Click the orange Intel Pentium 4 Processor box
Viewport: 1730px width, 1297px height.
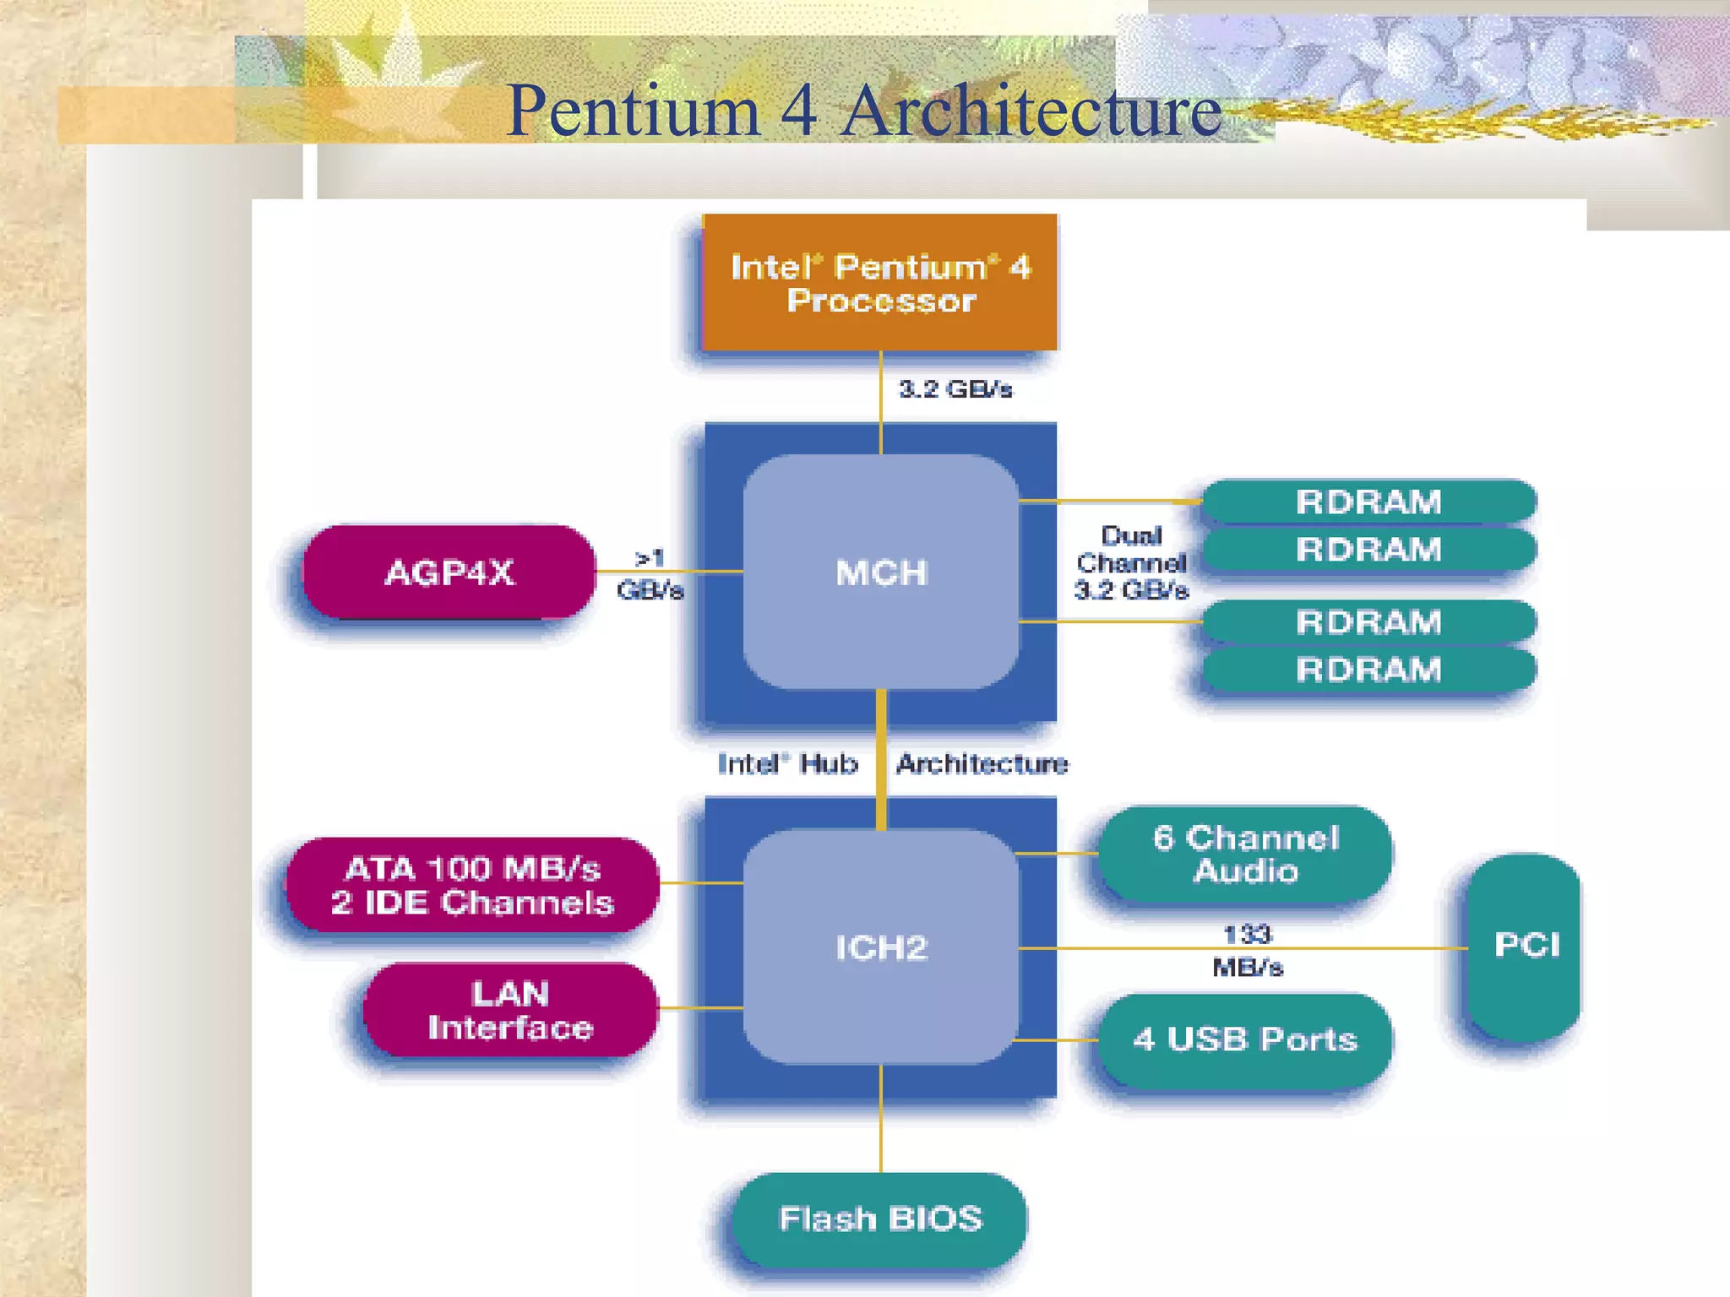tap(880, 283)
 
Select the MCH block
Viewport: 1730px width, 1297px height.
tap(880, 573)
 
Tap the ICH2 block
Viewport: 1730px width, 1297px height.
tap(880, 947)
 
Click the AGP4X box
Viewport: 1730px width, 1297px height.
tap(449, 573)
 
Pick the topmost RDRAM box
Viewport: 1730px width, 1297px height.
tap(1368, 502)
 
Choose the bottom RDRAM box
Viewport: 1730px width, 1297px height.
tap(1368, 670)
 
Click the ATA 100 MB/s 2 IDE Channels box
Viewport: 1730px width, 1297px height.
tap(472, 885)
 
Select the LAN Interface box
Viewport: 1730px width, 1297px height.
tap(510, 1010)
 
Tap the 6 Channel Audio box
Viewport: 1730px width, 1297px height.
tap(1245, 854)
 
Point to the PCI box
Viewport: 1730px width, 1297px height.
tap(1526, 946)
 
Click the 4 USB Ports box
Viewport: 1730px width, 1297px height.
tap(1245, 1039)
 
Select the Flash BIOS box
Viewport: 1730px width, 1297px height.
tap(880, 1218)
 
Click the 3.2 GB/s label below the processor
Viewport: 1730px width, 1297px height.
tap(955, 389)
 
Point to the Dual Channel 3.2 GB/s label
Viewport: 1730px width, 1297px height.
tap(1131, 563)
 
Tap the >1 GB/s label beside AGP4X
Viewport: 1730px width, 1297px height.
tap(650, 573)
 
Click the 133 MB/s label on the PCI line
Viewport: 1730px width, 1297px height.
tap(1248, 950)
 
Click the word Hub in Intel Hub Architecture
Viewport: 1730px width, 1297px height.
tap(829, 763)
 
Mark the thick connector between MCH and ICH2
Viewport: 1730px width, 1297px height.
tap(881, 760)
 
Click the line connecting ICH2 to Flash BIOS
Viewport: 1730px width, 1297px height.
tap(881, 1119)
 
